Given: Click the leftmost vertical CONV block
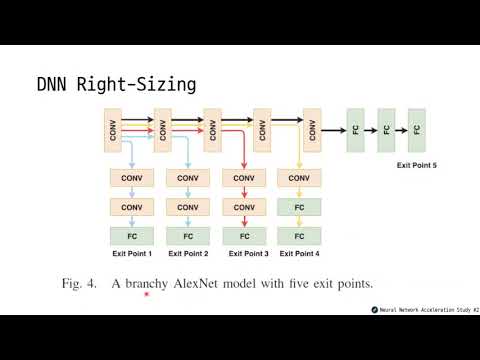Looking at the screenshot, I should (x=113, y=130).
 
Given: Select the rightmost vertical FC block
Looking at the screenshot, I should (x=416, y=130).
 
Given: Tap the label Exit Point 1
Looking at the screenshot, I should (x=132, y=254).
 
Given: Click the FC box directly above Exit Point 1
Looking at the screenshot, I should (x=132, y=237).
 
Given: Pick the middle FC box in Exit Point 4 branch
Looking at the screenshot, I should (x=298, y=207).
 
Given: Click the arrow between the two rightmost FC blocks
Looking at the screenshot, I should (x=402, y=130).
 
